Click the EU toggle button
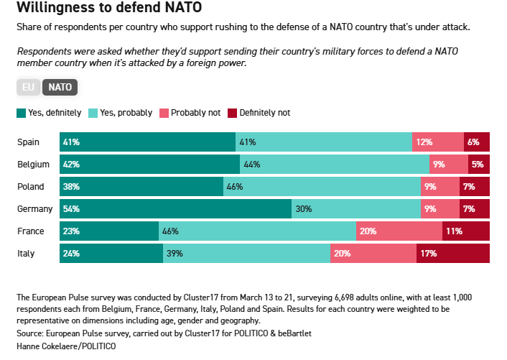(x=29, y=88)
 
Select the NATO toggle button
(x=60, y=88)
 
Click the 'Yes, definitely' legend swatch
(x=21, y=113)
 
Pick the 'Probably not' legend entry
(x=190, y=113)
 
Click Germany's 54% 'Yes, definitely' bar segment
(x=175, y=209)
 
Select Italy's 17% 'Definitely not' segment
(x=453, y=254)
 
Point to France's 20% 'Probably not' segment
(x=399, y=231)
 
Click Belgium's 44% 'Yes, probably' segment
(x=335, y=165)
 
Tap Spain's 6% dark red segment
(x=477, y=142)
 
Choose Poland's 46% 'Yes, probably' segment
(x=322, y=187)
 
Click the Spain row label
(x=29, y=142)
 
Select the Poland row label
(x=31, y=187)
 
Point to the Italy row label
(x=26, y=254)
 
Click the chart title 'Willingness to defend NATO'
(x=108, y=9)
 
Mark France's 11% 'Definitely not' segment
(x=465, y=231)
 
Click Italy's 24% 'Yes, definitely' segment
(x=111, y=254)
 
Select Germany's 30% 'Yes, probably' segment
(x=356, y=209)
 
